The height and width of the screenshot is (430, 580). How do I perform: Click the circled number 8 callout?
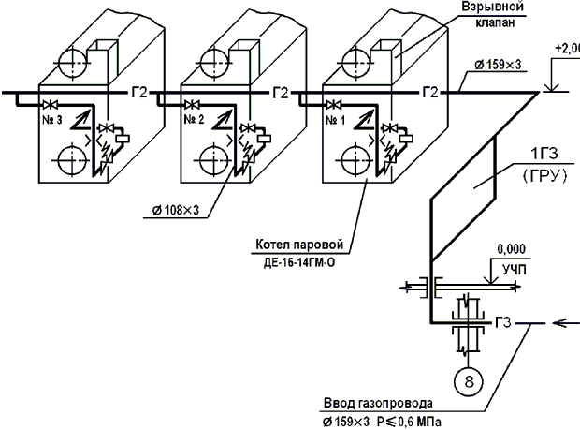tap(469, 381)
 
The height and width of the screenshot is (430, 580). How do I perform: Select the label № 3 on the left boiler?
tap(52, 120)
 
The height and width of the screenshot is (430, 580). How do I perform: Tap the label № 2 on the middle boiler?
tap(194, 120)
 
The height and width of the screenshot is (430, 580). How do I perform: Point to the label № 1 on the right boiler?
tap(335, 120)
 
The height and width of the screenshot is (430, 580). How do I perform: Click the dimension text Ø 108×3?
tap(176, 211)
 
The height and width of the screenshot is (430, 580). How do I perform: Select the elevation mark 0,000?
tap(511, 249)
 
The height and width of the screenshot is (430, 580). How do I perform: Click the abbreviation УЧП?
tap(515, 270)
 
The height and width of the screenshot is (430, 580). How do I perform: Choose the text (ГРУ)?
tap(544, 177)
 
